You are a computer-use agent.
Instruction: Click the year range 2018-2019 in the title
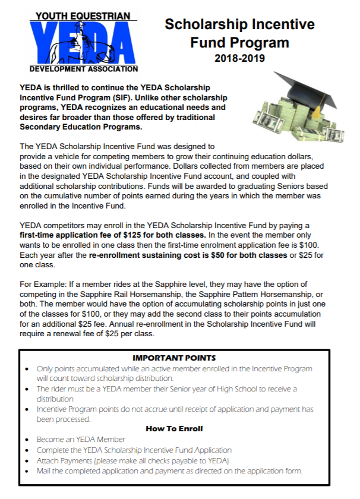click(x=239, y=59)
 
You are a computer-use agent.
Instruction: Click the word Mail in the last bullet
click(x=44, y=471)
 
